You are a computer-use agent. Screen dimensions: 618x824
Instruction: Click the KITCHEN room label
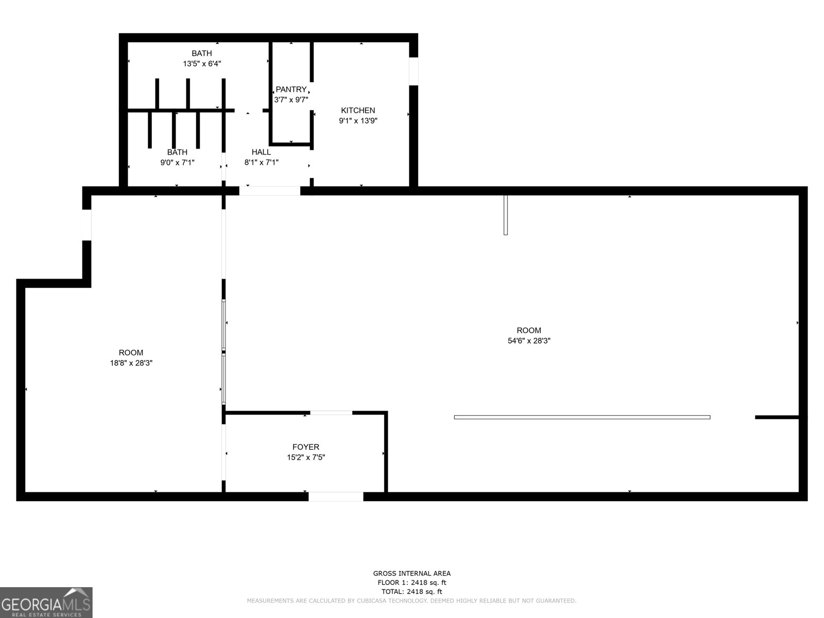pyautogui.click(x=358, y=110)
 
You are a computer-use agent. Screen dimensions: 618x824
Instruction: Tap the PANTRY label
pyautogui.click(x=291, y=90)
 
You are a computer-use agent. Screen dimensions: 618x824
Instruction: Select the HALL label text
pyautogui.click(x=261, y=152)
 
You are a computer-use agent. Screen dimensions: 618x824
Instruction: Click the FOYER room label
pyautogui.click(x=306, y=447)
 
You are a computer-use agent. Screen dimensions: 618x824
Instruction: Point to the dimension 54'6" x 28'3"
pyautogui.click(x=529, y=340)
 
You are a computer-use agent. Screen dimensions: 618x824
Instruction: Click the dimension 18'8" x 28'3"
pyautogui.click(x=131, y=363)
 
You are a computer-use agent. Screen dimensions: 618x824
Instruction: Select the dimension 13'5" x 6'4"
pyautogui.click(x=202, y=64)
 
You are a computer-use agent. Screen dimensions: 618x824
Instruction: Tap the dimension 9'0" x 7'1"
pyautogui.click(x=177, y=163)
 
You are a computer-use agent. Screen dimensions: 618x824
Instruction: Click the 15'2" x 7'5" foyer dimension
pyautogui.click(x=306, y=457)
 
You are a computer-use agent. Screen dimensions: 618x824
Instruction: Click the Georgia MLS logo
pyautogui.click(x=46, y=602)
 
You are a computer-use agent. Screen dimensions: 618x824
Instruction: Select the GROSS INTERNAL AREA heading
pyautogui.click(x=411, y=573)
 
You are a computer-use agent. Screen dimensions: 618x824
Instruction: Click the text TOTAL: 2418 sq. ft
pyautogui.click(x=411, y=592)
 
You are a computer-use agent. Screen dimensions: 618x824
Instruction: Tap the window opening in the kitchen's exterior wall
pyautogui.click(x=414, y=71)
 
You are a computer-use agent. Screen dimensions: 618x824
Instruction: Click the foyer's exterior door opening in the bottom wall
pyautogui.click(x=336, y=496)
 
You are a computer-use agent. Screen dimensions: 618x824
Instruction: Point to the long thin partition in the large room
pyautogui.click(x=582, y=417)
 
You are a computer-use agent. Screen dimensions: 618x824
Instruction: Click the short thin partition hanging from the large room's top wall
pyautogui.click(x=506, y=215)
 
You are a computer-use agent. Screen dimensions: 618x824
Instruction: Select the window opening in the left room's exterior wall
pyautogui.click(x=87, y=225)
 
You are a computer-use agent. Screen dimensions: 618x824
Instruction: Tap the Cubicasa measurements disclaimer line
pyautogui.click(x=411, y=600)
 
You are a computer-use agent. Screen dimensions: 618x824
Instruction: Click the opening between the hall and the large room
pyautogui.click(x=270, y=191)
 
